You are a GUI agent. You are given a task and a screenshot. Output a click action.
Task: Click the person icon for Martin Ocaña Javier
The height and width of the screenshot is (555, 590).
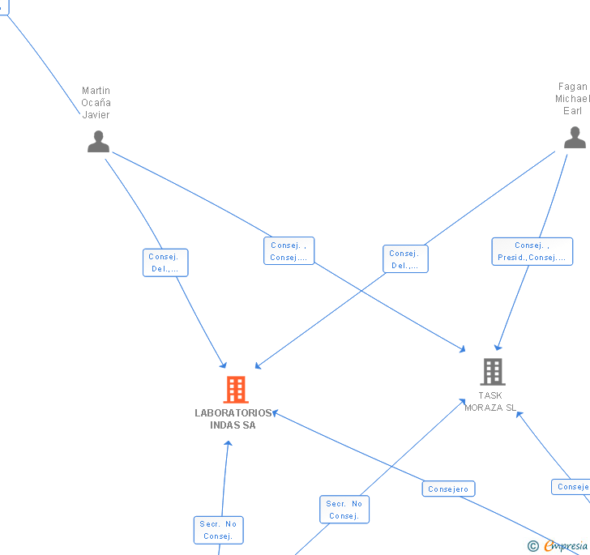tap(98, 141)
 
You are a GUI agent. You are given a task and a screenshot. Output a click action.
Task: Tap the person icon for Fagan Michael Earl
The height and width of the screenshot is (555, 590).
tap(575, 137)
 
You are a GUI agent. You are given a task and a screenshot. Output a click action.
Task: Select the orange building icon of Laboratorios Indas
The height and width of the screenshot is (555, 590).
tap(236, 390)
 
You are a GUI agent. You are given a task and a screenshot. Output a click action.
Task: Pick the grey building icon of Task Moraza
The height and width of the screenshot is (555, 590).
tap(493, 372)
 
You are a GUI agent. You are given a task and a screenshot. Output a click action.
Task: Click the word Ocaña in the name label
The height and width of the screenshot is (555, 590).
tap(96, 103)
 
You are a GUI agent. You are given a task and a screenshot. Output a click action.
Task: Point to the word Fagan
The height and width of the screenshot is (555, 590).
tap(573, 87)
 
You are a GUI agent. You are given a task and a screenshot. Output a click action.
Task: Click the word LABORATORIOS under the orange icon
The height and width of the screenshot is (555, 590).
tap(233, 413)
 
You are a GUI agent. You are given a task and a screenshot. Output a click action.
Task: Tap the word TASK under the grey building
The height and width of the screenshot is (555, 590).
tap(490, 396)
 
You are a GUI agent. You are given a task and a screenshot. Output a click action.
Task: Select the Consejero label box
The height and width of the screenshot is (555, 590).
tap(448, 489)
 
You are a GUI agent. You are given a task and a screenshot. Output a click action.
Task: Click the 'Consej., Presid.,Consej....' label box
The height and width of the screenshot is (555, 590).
tap(532, 251)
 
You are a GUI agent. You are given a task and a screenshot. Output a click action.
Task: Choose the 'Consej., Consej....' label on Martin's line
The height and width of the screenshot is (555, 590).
tap(289, 251)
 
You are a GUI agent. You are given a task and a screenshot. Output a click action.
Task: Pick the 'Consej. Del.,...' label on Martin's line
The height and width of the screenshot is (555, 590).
tap(165, 263)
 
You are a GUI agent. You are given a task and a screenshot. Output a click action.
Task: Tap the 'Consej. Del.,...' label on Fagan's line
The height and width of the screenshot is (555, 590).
tap(405, 259)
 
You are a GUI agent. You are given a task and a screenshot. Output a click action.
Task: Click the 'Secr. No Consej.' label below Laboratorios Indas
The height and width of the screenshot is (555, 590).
tap(218, 530)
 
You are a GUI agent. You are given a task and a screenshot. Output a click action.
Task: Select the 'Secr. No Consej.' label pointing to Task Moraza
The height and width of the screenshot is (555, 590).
tap(344, 510)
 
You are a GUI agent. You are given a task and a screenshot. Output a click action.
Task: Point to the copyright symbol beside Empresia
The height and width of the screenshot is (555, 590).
tap(533, 547)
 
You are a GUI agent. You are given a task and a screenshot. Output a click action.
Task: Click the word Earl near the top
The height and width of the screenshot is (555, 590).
tap(573, 111)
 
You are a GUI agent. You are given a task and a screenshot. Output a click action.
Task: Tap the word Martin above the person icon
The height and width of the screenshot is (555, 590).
tap(96, 91)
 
